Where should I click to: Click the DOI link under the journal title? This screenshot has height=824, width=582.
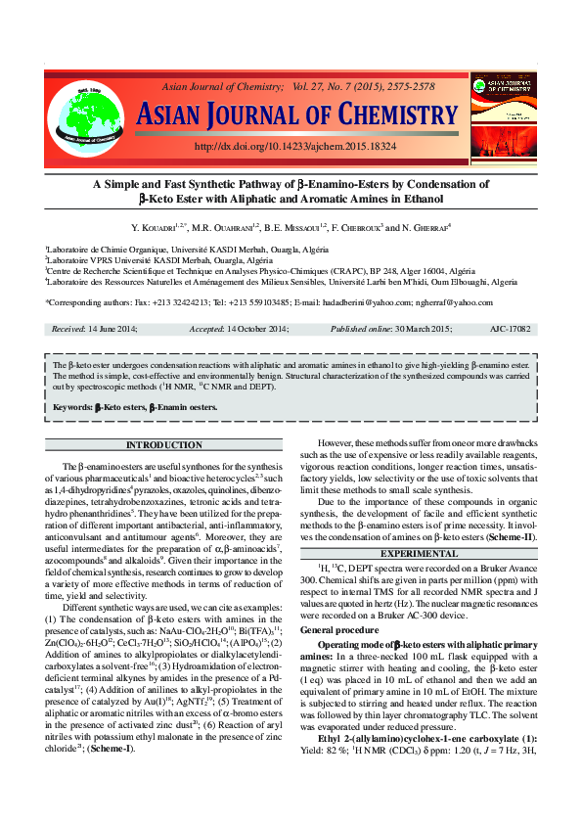coord(294,146)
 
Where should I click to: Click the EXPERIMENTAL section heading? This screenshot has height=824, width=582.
coord(419,553)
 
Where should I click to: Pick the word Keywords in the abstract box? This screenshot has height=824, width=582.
coord(72,406)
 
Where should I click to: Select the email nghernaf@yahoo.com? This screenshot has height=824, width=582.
coord(457,302)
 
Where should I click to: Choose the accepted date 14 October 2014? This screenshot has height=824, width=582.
coord(263,330)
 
